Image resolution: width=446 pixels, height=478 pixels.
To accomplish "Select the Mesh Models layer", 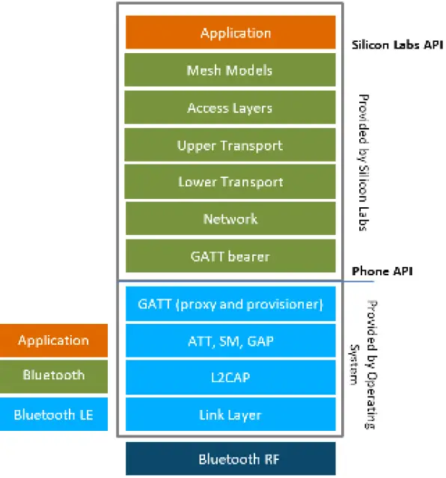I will pos(230,70).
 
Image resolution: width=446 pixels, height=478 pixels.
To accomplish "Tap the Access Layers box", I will pos(230,108).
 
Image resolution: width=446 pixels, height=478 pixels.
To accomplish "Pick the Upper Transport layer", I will pos(230,144).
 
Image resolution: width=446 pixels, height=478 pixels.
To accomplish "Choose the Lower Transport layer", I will pos(230,182).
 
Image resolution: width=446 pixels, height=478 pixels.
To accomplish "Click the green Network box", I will pos(230,218).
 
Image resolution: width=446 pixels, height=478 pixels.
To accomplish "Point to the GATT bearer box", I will pos(230,256).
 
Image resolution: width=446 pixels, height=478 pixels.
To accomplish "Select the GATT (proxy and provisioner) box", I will pos(230,304).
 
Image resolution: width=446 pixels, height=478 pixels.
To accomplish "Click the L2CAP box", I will pos(230,378).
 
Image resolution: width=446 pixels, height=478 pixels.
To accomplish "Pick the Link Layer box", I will pos(230,414).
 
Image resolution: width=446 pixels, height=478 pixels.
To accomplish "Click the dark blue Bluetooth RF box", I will pos(230,459).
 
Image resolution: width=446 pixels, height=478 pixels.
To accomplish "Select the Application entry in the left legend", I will pos(53,340).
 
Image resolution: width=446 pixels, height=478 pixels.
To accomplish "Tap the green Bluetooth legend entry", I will pos(53,375).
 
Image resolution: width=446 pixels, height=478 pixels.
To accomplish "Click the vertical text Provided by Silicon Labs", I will pos(363,162).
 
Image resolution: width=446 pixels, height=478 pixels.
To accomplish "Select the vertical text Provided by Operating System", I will pos(364,365).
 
